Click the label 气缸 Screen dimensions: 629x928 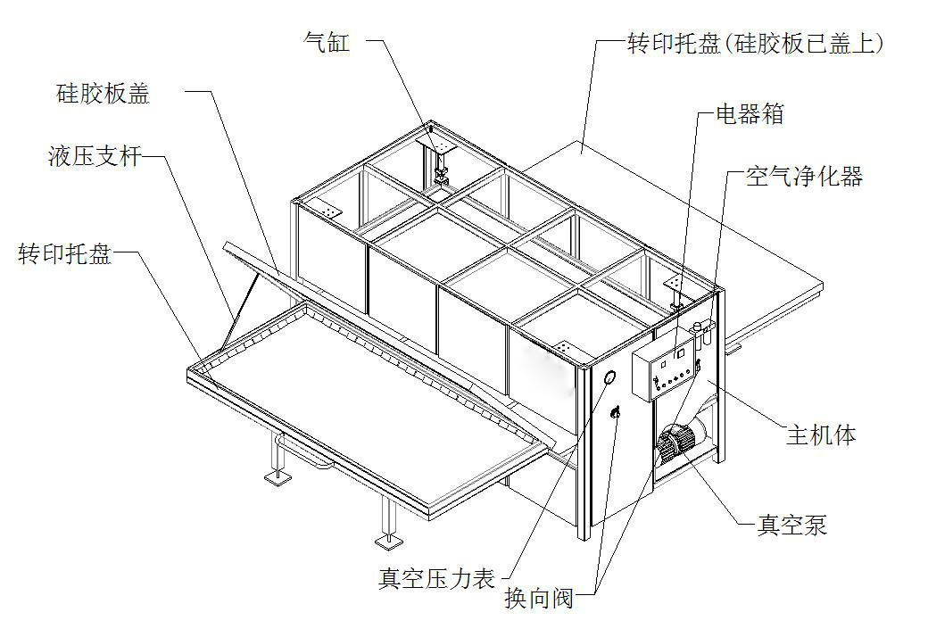click(326, 43)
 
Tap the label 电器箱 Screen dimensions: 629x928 click(751, 114)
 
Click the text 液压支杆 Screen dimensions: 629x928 click(93, 159)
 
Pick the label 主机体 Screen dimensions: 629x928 click(821, 435)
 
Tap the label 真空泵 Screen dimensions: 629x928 click(792, 525)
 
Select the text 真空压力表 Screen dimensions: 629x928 click(436, 579)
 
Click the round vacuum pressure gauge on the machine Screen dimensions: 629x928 click(610, 377)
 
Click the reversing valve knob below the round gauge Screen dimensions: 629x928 click(615, 412)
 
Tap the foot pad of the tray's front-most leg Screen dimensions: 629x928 click(385, 540)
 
